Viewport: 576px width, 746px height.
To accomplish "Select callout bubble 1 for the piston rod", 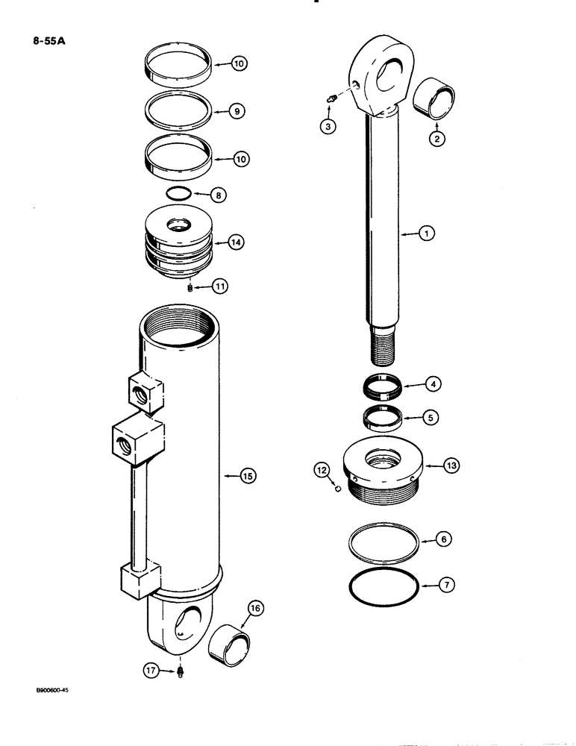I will [426, 233].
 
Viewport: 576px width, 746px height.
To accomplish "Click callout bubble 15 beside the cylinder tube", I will [248, 474].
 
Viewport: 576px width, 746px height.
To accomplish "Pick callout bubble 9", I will [235, 111].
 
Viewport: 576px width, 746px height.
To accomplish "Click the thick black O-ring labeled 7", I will [384, 586].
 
